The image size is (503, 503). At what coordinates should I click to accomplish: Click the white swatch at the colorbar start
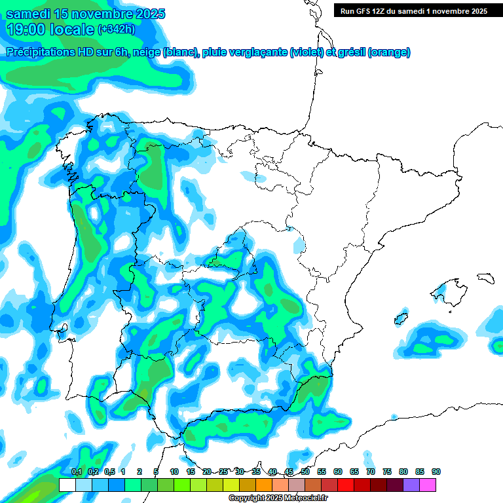[67, 485]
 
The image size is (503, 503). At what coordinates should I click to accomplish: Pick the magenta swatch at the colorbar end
[428, 485]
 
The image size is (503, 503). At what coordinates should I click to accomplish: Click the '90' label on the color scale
[436, 472]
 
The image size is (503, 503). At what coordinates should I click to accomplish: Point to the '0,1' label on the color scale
[77, 472]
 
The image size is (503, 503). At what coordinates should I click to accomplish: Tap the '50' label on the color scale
[305, 472]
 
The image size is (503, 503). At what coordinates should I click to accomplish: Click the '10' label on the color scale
[174, 472]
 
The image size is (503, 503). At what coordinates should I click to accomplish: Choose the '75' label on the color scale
[387, 472]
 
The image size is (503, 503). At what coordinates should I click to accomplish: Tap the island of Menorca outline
[485, 278]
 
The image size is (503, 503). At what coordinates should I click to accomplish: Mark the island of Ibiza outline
[401, 318]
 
